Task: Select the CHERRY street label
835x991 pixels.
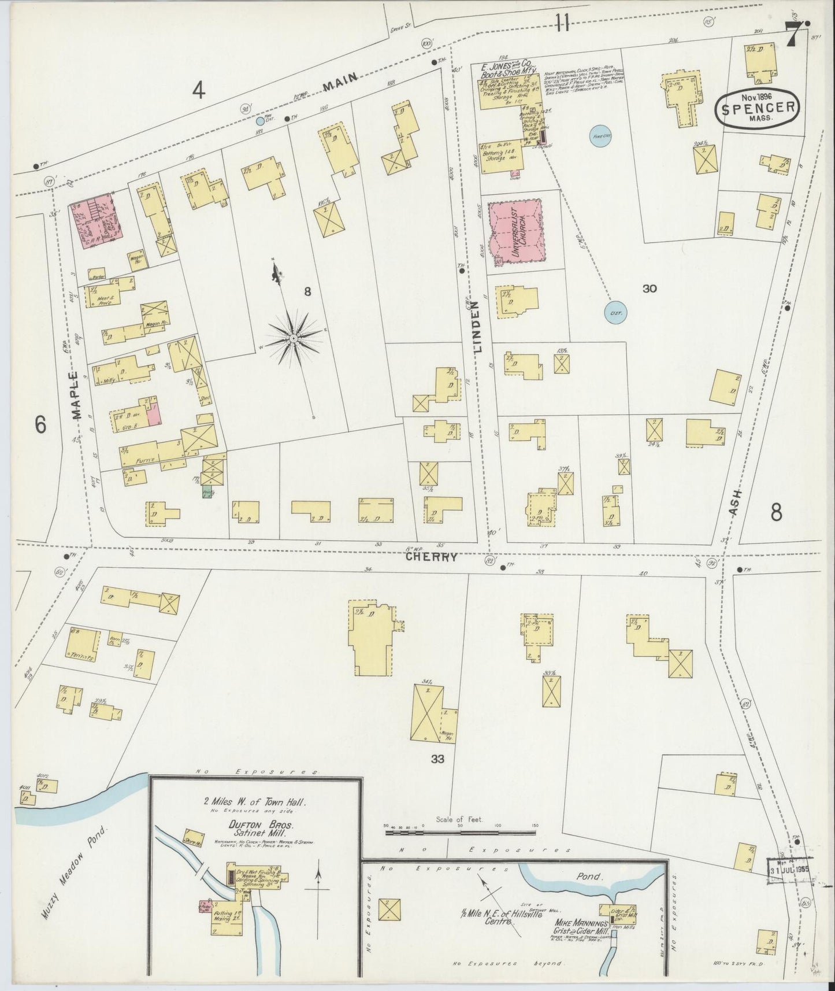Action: pyautogui.click(x=431, y=557)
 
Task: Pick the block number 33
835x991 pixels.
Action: pyautogui.click(x=437, y=759)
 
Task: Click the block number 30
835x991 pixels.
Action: pyautogui.click(x=649, y=289)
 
